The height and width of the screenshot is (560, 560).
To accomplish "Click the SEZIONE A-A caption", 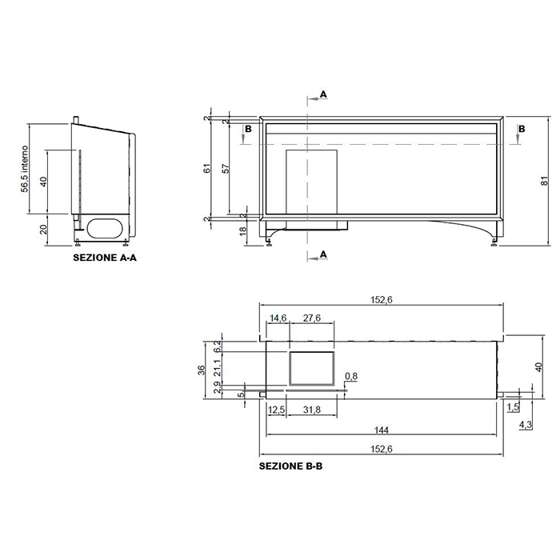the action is (x=105, y=258).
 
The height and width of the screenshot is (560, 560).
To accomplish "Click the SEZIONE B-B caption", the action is (x=290, y=466).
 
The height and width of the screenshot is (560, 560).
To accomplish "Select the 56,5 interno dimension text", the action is (x=24, y=169).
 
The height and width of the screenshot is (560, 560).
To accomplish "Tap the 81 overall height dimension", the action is (x=545, y=181).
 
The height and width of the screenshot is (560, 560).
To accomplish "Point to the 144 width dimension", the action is (x=382, y=430).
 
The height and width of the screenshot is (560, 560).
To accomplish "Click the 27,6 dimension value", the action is (x=312, y=318).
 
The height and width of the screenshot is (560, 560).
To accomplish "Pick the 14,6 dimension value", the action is (x=278, y=318).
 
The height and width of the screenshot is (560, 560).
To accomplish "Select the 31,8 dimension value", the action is (x=312, y=410).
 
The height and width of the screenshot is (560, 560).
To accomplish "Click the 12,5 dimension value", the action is (x=277, y=410).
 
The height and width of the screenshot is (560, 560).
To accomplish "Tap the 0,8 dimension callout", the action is (x=351, y=376).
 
